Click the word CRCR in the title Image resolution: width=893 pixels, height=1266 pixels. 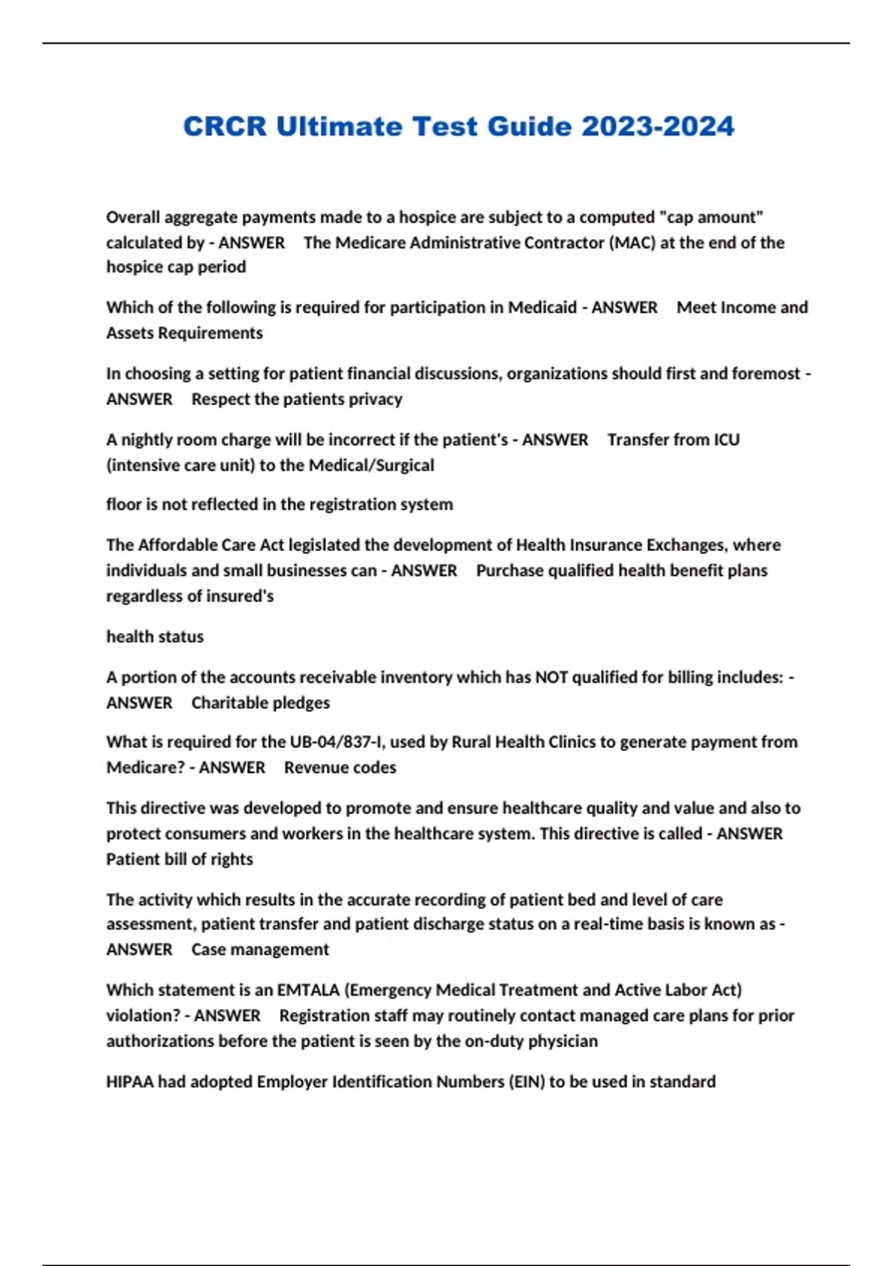pos(225,127)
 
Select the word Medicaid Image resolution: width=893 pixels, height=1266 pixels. pos(542,308)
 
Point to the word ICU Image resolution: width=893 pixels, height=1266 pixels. pos(726,440)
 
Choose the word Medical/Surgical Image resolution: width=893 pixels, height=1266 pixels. pos(371,465)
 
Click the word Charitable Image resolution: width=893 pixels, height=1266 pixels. pos(227,703)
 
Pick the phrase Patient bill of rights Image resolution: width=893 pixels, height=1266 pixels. pos(179,859)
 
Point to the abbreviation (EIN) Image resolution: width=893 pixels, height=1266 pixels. pos(526,1082)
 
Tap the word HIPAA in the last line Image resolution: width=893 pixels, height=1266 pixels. pos(129,1082)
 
